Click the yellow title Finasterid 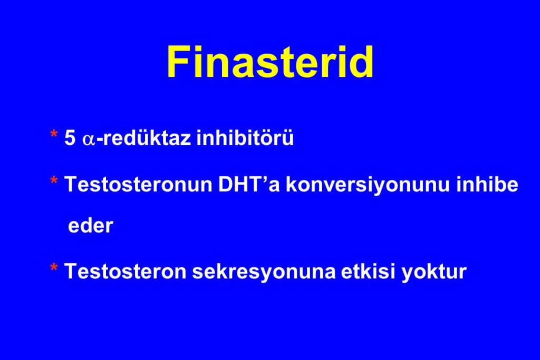point(270,62)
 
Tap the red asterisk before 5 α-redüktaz point(54,134)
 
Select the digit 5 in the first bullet point(70,138)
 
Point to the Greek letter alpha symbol point(89,140)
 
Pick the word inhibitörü point(245,138)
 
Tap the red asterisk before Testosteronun point(54,181)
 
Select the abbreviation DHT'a point(249,184)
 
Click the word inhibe point(487,184)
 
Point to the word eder point(91,226)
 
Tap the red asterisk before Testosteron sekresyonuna point(54,267)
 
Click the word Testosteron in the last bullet point(126,271)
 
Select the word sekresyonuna point(264,272)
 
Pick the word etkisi point(368,271)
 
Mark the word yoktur point(434,272)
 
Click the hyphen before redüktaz point(100,140)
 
